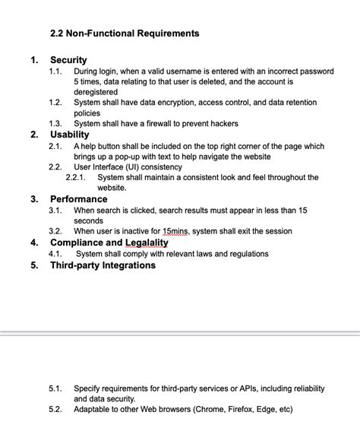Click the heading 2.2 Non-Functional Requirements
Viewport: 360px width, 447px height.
125,33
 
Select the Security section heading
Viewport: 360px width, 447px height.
68,59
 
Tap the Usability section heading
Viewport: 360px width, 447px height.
70,135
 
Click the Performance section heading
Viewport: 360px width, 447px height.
79,199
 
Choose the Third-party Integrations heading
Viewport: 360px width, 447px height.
103,265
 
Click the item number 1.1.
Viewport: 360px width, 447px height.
55,71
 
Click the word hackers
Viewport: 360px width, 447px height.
219,123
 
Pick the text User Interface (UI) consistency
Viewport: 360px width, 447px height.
128,166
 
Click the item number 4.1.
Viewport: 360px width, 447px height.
55,254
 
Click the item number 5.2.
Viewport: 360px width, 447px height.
55,409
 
